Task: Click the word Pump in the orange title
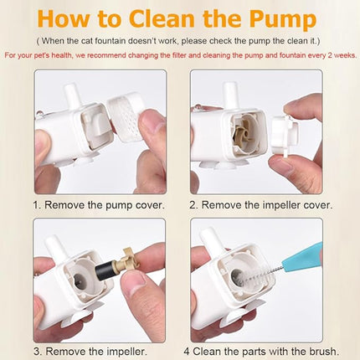click(283, 19)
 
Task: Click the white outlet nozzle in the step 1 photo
click(71, 97)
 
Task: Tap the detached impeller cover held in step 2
click(285, 133)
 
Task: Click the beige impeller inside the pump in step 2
click(242, 135)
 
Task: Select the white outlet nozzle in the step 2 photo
click(230, 95)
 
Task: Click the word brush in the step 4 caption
click(323, 351)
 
